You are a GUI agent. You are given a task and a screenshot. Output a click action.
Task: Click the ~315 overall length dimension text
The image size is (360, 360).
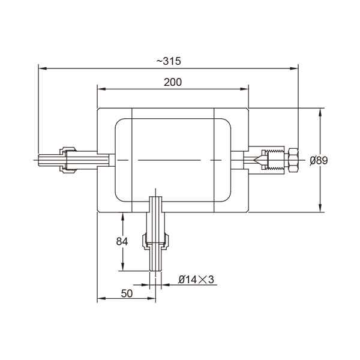168,61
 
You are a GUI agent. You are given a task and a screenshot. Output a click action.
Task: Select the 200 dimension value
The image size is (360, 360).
173,82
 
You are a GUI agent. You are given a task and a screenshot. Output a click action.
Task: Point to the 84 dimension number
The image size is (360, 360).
122,241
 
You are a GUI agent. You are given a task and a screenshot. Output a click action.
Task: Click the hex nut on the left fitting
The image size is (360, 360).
68,160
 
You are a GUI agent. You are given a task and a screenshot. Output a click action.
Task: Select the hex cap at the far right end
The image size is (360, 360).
295,160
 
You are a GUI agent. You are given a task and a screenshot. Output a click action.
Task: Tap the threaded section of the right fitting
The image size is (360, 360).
277,160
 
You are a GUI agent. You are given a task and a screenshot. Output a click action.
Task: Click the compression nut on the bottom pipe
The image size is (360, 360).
155,241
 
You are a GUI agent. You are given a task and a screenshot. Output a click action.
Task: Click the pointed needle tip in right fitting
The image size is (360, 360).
257,160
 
